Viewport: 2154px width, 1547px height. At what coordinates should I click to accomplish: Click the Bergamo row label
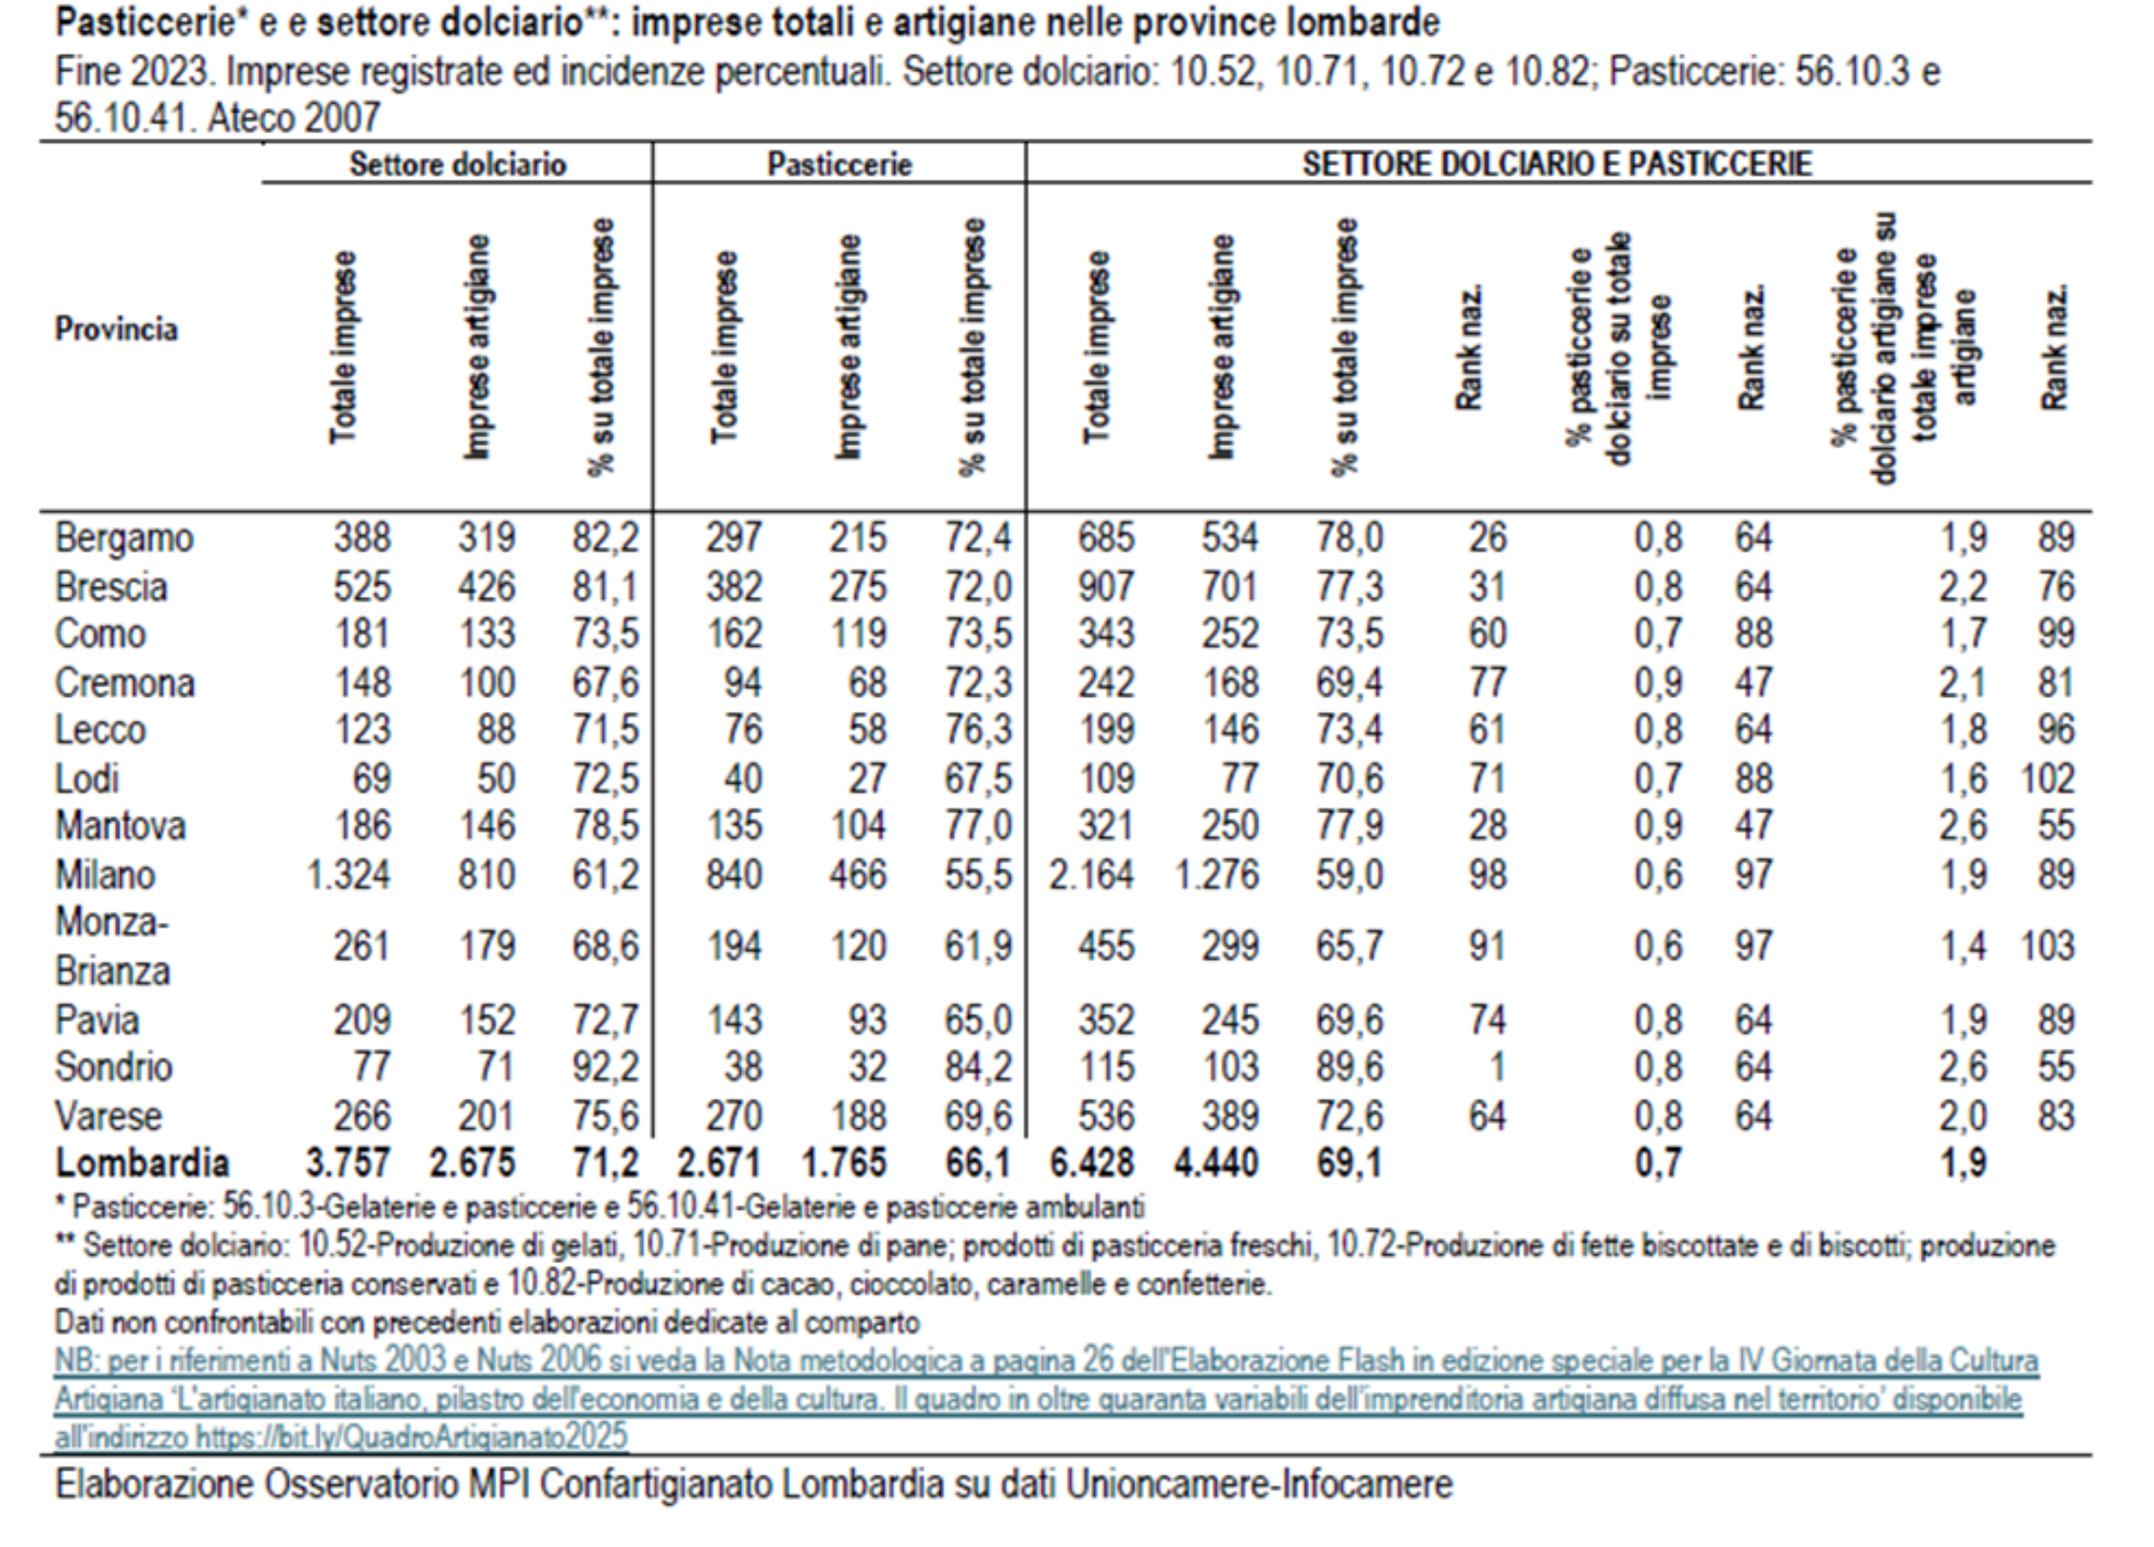[124, 538]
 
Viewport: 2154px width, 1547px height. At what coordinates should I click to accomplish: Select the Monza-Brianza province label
[112, 947]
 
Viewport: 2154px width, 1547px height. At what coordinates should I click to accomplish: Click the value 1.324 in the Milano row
[347, 874]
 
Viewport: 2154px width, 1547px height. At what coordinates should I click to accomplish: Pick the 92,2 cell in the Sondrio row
[605, 1066]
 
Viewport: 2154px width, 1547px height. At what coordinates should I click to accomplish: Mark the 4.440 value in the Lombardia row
[1216, 1163]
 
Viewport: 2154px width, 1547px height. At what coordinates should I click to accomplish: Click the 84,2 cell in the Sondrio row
[977, 1066]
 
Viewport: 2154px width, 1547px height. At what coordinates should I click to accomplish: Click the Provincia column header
[116, 330]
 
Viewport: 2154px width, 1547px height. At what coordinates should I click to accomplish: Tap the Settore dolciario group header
[458, 164]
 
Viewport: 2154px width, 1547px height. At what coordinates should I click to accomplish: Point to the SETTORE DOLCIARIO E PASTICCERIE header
[1557, 164]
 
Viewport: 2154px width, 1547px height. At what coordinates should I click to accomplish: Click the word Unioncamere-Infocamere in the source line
[1258, 1484]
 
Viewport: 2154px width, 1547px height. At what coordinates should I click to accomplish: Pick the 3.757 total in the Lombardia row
[347, 1163]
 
